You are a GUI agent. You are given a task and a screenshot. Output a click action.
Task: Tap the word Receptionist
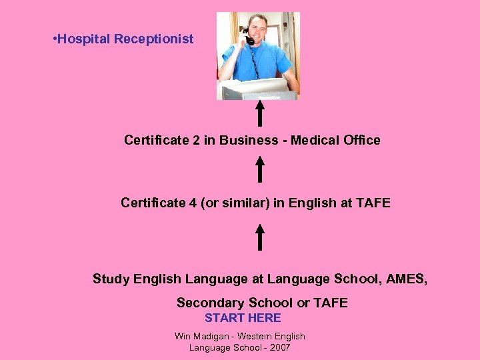[x=153, y=39]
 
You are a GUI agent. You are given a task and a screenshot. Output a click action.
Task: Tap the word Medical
[x=312, y=140]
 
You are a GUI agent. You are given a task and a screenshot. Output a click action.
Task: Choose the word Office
[x=359, y=140]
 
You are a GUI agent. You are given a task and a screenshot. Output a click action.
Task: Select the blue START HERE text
[x=243, y=318]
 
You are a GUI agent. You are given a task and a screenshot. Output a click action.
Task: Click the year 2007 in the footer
[x=279, y=347]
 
